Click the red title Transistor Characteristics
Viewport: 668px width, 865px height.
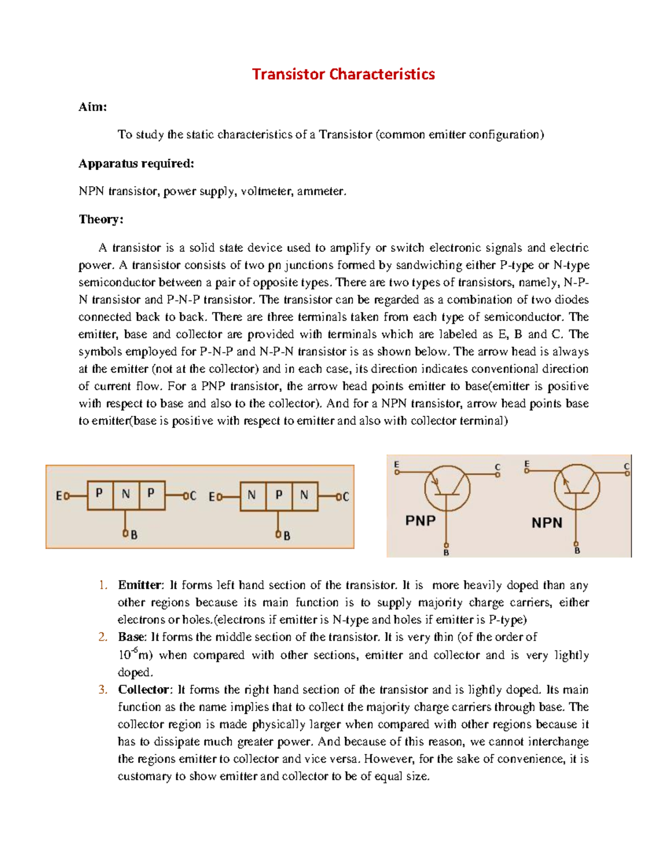pos(343,74)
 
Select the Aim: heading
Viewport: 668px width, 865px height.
pos(92,107)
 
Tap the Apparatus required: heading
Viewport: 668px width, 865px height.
pos(136,163)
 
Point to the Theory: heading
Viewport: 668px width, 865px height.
pos(101,219)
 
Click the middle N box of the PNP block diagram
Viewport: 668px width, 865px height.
pos(126,495)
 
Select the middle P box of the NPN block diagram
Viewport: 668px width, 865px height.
pos(278,495)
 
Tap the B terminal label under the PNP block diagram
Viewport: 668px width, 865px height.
pos(134,535)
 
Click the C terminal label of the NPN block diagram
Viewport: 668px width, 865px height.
pos(346,496)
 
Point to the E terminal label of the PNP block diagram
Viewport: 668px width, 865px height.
pos(58,496)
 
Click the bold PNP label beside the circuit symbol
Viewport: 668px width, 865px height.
pos(420,521)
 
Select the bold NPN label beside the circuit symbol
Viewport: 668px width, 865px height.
pos(547,523)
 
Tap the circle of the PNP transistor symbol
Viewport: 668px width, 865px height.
pos(447,488)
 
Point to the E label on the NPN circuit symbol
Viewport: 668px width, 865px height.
pos(527,464)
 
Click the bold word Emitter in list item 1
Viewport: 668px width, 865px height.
pos(139,585)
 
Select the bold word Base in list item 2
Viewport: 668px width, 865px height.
pos(131,637)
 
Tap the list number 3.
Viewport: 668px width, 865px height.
pos(102,690)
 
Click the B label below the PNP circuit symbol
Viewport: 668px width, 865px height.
pos(446,553)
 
